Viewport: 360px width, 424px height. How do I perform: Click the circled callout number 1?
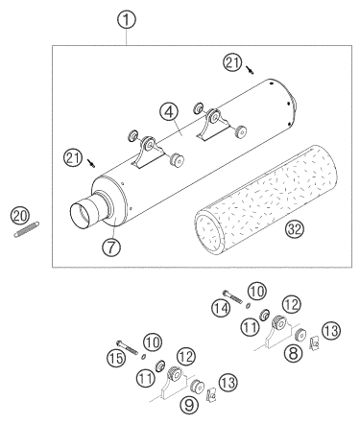(127, 19)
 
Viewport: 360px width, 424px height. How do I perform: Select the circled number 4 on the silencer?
(170, 112)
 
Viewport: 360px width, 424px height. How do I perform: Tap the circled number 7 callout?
(111, 247)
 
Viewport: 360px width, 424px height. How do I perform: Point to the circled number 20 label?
(19, 217)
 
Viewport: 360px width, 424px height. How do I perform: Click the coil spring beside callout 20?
(27, 229)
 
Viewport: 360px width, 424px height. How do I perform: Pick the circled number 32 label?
(295, 228)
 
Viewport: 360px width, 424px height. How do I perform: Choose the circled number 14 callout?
(221, 308)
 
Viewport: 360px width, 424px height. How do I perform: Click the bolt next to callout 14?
(233, 296)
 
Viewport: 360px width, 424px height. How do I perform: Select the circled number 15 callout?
(115, 358)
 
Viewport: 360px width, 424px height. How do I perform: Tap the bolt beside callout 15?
(128, 347)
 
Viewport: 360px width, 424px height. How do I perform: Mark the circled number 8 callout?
(294, 353)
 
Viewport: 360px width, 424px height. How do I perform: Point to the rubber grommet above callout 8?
(300, 335)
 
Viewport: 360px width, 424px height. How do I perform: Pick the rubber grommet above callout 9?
(197, 386)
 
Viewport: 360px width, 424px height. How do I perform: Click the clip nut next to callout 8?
(315, 342)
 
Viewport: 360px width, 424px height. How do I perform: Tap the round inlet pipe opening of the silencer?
(81, 215)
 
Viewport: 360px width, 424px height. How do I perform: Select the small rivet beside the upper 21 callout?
(251, 70)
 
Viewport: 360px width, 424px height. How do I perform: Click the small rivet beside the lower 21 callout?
(92, 163)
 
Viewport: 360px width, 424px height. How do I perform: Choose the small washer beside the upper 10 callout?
(248, 306)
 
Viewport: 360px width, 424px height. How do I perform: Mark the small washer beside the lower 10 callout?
(144, 356)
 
